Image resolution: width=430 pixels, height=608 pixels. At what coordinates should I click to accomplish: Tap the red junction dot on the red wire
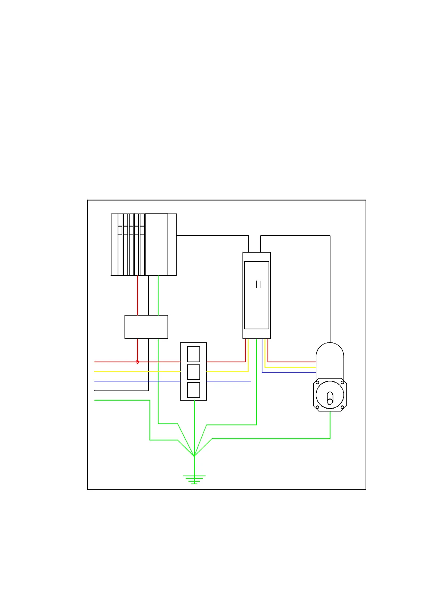[137, 362]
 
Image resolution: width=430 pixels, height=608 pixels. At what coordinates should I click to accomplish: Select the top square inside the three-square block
[194, 354]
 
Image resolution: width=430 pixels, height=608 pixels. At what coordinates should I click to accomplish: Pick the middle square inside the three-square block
[194, 372]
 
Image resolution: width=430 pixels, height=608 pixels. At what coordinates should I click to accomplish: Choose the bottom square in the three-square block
[194, 390]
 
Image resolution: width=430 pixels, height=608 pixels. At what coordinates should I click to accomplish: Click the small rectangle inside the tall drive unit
[258, 284]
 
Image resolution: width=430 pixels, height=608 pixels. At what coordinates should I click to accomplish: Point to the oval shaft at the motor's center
[330, 398]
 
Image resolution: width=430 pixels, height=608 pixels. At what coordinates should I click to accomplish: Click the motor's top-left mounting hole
[317, 383]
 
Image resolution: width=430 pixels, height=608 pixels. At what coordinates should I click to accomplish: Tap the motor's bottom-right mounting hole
[342, 408]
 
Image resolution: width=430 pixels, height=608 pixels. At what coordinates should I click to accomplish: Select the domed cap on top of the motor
[330, 353]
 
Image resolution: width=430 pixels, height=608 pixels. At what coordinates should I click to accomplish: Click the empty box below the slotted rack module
[146, 327]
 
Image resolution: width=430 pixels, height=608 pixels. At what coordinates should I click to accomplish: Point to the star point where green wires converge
[194, 456]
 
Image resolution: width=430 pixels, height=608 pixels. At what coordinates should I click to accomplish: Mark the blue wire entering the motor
[290, 373]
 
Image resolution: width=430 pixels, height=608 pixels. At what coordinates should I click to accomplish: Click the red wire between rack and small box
[138, 295]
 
